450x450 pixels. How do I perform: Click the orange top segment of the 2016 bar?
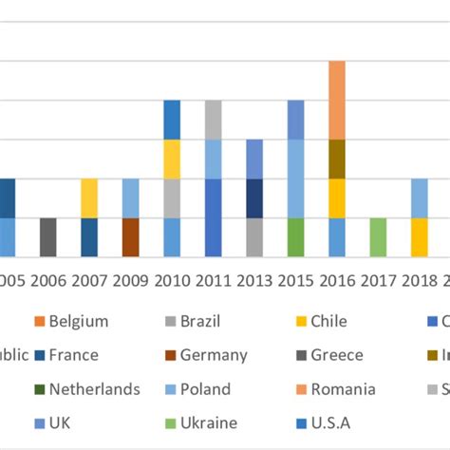tap(337, 100)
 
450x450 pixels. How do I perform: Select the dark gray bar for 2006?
tap(47, 237)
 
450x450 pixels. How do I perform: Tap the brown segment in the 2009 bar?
tap(131, 237)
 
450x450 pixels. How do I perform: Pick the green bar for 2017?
tap(378, 237)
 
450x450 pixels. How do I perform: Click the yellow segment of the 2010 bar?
tap(172, 159)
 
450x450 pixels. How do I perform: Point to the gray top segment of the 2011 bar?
tap(214, 120)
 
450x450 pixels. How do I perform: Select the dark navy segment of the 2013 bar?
tap(254, 198)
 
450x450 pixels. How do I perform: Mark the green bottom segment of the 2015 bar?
tap(296, 237)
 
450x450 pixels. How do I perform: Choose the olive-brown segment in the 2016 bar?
tap(337, 159)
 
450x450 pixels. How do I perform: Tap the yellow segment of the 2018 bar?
tap(419, 237)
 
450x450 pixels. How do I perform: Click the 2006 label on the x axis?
tap(47, 281)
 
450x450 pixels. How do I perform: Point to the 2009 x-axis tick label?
tap(131, 281)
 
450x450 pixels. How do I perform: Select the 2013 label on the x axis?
tap(254, 281)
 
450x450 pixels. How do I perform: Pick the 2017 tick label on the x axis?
tap(378, 281)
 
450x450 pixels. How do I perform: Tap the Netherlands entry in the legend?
tap(94, 388)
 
